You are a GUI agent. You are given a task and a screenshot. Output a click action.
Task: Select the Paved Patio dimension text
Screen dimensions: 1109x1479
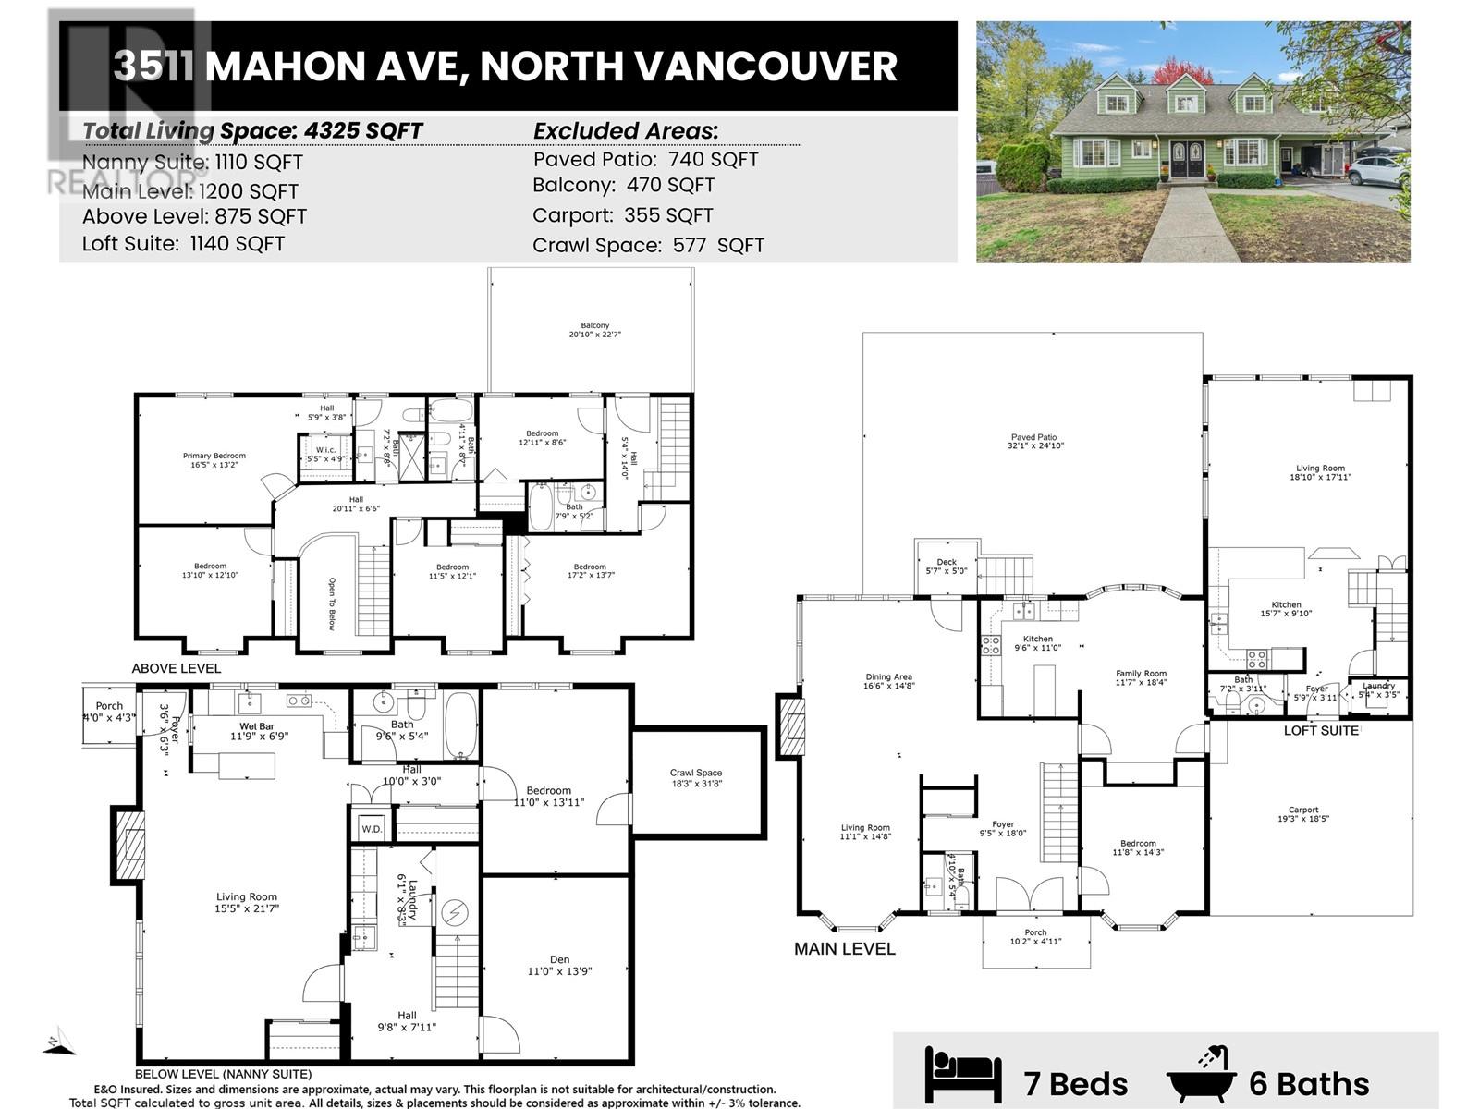pyautogui.click(x=1033, y=445)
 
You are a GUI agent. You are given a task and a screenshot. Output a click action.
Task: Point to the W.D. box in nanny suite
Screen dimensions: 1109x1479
pyautogui.click(x=372, y=829)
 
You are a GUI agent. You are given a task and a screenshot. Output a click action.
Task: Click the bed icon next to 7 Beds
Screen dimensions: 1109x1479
pyautogui.click(x=962, y=1077)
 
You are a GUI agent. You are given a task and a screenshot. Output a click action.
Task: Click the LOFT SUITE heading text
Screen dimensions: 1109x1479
pyautogui.click(x=1321, y=731)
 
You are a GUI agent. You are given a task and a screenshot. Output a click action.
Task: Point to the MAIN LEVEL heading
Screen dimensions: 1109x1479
pyautogui.click(x=845, y=949)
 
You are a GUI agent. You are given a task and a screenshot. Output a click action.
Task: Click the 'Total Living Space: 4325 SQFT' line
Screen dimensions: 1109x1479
pyautogui.click(x=252, y=131)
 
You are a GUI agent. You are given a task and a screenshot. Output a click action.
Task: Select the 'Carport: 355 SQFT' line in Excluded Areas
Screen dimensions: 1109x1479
pyautogui.click(x=622, y=215)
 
